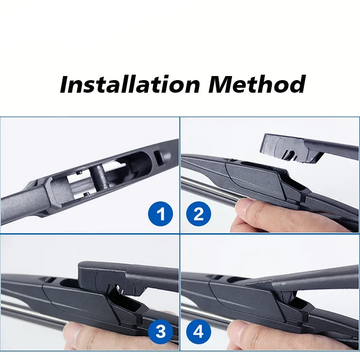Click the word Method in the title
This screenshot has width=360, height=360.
tap(257, 84)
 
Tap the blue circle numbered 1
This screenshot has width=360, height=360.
tap(161, 214)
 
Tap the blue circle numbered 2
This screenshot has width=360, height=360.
tap(198, 214)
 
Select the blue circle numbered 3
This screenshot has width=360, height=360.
tap(161, 332)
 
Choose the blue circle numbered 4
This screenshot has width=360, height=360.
tap(198, 332)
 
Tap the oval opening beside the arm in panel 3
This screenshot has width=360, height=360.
tap(69, 283)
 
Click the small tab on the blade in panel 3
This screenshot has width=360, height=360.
tap(49, 279)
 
